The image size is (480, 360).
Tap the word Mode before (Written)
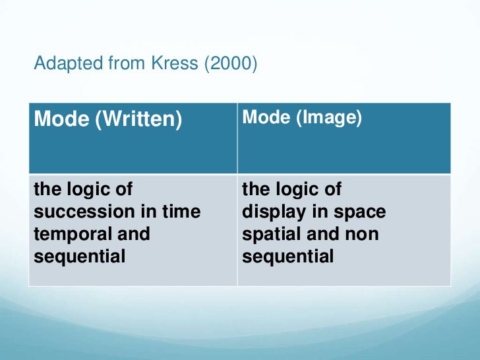(x=61, y=120)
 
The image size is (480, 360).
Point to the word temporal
(x=67, y=234)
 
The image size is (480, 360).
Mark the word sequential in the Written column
(x=80, y=256)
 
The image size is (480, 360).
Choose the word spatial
(x=270, y=234)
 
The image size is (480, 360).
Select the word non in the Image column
(x=363, y=234)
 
